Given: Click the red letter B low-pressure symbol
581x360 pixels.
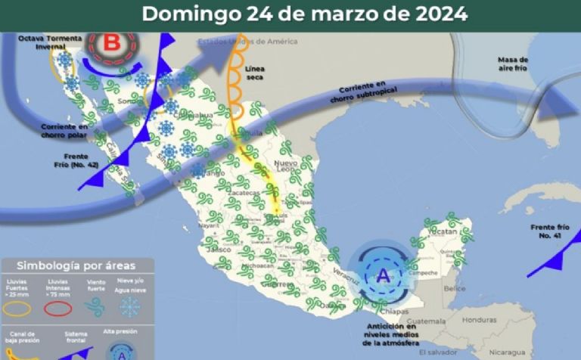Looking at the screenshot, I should pos(110,42).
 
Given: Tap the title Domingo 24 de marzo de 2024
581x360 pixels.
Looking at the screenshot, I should pos(305,14).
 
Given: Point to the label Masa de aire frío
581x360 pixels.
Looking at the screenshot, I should pos(513,64).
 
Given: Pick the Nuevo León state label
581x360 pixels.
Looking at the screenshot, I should pos(285,168).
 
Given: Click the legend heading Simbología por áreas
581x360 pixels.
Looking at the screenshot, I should pos(76,265).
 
